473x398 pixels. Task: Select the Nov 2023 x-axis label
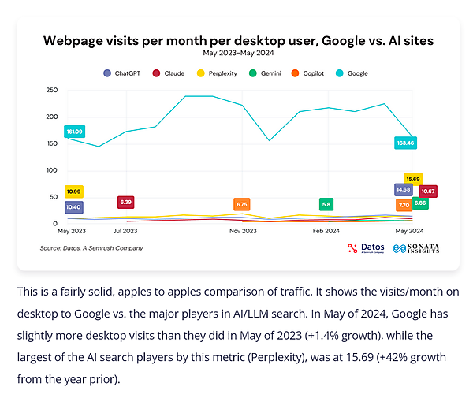tap(243, 232)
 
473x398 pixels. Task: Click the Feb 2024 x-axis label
tap(326, 232)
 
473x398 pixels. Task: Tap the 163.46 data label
tap(406, 143)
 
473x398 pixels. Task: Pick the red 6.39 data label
tap(126, 202)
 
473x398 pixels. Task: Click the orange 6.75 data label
tap(242, 204)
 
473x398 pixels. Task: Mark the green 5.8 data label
tap(326, 204)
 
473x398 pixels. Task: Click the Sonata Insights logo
tap(416, 248)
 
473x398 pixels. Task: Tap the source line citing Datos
tap(91, 247)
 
